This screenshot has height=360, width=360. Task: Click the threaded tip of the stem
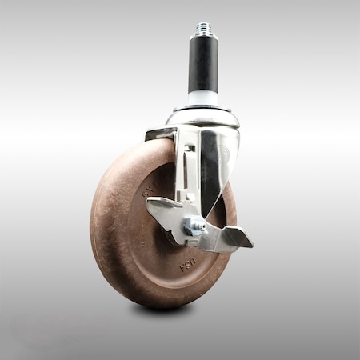pyautogui.click(x=203, y=30)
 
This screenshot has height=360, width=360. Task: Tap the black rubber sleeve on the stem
pyautogui.click(x=203, y=63)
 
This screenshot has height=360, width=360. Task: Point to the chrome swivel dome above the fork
pyautogui.click(x=203, y=118)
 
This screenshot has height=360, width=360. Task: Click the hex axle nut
pyautogui.click(x=192, y=226)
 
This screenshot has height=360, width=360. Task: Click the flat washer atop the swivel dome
pyautogui.click(x=203, y=106)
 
